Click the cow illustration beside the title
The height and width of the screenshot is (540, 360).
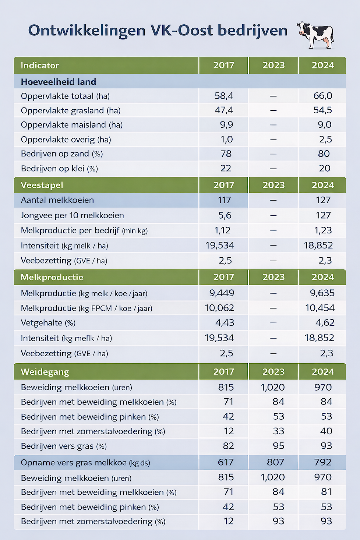click(315, 35)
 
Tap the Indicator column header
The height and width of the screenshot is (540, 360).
click(40, 66)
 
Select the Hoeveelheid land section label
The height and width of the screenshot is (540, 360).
click(58, 82)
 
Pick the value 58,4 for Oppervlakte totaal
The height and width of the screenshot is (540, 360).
click(224, 96)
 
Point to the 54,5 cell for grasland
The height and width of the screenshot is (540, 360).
click(322, 110)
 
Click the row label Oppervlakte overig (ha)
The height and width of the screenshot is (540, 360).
click(66, 140)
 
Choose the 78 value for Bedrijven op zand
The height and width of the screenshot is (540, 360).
click(226, 154)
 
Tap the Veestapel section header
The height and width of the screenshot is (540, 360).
click(42, 185)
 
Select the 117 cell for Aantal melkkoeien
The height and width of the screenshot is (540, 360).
click(224, 200)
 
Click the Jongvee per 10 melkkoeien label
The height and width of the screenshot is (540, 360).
click(72, 215)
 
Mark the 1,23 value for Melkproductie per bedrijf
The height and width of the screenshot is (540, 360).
click(323, 230)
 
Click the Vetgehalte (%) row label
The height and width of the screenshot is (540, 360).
click(48, 323)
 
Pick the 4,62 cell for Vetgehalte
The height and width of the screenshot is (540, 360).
click(325, 323)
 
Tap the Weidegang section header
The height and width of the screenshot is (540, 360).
click(45, 372)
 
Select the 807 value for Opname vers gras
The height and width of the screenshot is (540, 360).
click(275, 462)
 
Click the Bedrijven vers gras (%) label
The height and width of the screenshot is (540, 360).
click(64, 446)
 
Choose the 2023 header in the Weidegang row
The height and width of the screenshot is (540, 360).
click(273, 372)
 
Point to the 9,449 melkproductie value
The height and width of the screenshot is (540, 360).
click(222, 293)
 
